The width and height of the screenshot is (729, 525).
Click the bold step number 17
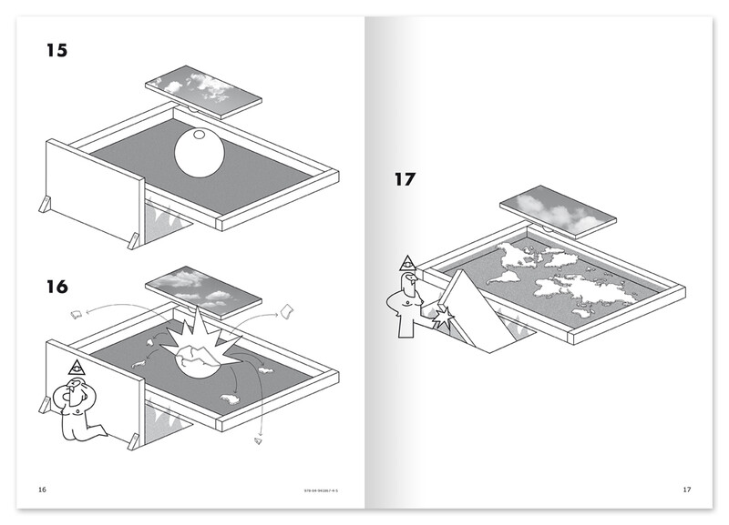pos(405,178)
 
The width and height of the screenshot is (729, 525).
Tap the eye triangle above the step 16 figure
pos(76,369)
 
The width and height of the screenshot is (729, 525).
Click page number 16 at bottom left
pos(41,490)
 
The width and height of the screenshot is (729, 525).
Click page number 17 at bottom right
pos(687,490)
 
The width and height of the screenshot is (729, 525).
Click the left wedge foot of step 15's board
pos(46,206)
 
